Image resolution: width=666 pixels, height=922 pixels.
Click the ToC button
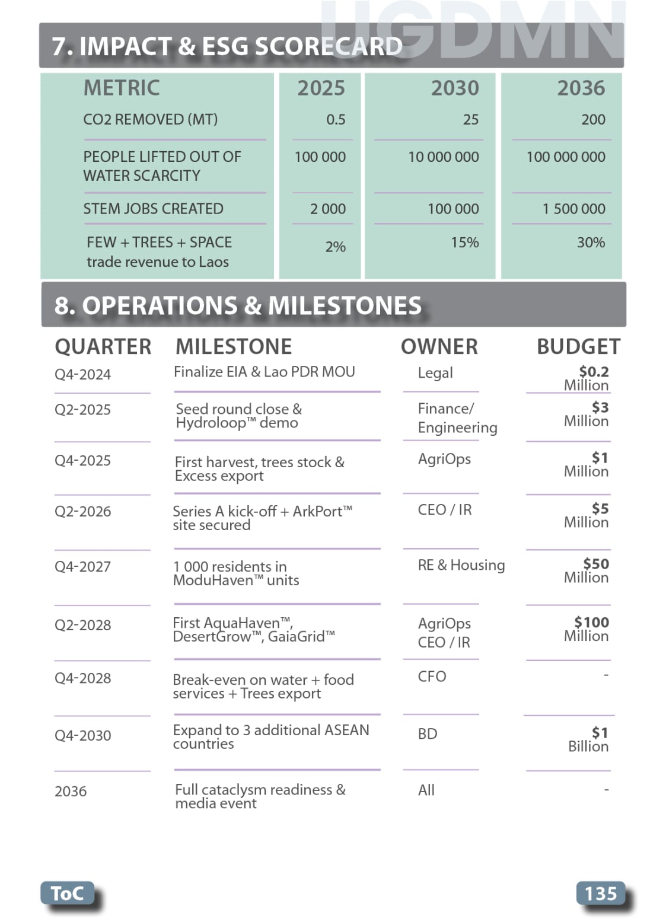67,893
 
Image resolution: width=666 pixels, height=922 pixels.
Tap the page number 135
600,893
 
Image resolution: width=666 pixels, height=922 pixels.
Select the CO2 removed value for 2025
336,120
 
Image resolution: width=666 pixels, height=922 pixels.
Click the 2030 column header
454,88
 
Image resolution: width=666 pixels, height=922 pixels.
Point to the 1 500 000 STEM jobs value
573,209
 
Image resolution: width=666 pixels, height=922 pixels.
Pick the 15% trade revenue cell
464,243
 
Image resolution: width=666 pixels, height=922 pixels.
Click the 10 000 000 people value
443,157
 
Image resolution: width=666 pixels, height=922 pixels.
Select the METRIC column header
122,88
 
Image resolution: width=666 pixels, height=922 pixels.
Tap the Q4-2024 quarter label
82,375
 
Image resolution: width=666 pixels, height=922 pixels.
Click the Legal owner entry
435,373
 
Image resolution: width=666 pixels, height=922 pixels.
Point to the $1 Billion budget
589,739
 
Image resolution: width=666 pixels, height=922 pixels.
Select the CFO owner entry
432,677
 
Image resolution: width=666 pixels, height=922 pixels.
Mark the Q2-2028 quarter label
82,625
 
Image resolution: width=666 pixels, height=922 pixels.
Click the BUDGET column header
578,347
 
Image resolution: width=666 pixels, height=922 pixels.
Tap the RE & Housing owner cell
461,565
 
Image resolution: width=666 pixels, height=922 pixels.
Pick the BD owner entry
428,734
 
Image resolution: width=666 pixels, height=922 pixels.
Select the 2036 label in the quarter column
71,792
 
